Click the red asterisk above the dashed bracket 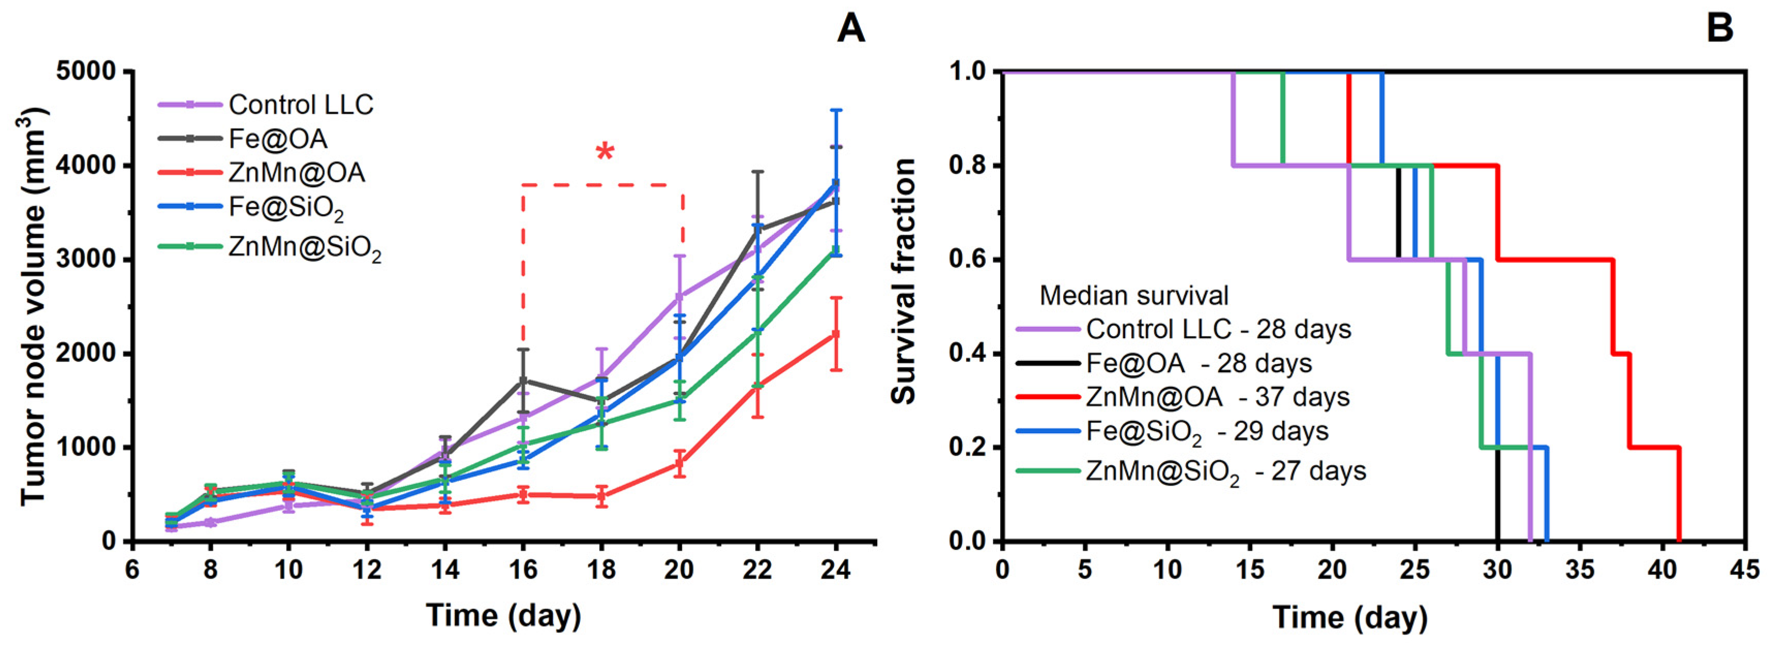pyautogui.click(x=604, y=151)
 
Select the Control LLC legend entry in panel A pyautogui.click(x=266, y=104)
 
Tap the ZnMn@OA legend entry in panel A pyautogui.click(x=262, y=172)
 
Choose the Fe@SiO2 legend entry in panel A pyautogui.click(x=251, y=208)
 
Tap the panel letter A pyautogui.click(x=850, y=29)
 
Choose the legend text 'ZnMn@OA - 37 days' pyautogui.click(x=1217, y=397)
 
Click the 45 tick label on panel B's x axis pyautogui.click(x=1745, y=569)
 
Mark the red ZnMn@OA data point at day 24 pyautogui.click(x=836, y=334)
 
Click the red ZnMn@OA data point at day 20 pyautogui.click(x=680, y=464)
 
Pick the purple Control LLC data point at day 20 pyautogui.click(x=680, y=296)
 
